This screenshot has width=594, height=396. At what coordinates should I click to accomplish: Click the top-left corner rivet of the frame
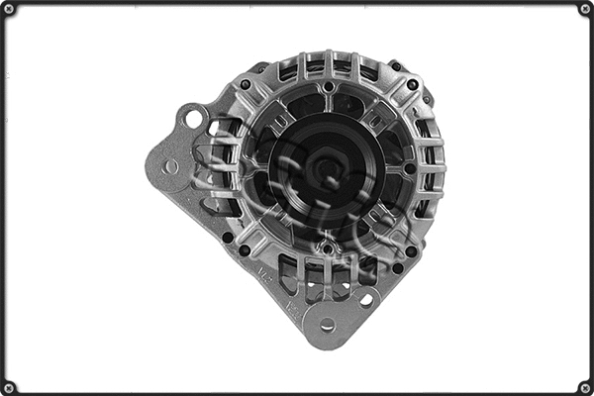[9, 9]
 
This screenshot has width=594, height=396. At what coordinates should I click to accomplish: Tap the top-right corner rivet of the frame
[585, 9]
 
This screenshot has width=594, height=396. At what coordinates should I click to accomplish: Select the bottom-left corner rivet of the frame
[9, 387]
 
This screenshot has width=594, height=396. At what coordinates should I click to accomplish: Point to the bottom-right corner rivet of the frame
[585, 387]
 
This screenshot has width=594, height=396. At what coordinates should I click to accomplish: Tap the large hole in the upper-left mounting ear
[193, 120]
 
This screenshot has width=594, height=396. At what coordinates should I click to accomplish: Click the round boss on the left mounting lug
[171, 166]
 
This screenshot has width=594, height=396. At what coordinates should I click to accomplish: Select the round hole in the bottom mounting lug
[327, 324]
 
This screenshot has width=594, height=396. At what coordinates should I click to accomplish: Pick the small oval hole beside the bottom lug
[366, 298]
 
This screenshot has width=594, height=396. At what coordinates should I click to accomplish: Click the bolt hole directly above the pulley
[327, 87]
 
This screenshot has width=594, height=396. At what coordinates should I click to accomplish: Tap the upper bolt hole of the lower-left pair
[227, 237]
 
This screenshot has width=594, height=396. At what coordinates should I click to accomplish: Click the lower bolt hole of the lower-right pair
[398, 267]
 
